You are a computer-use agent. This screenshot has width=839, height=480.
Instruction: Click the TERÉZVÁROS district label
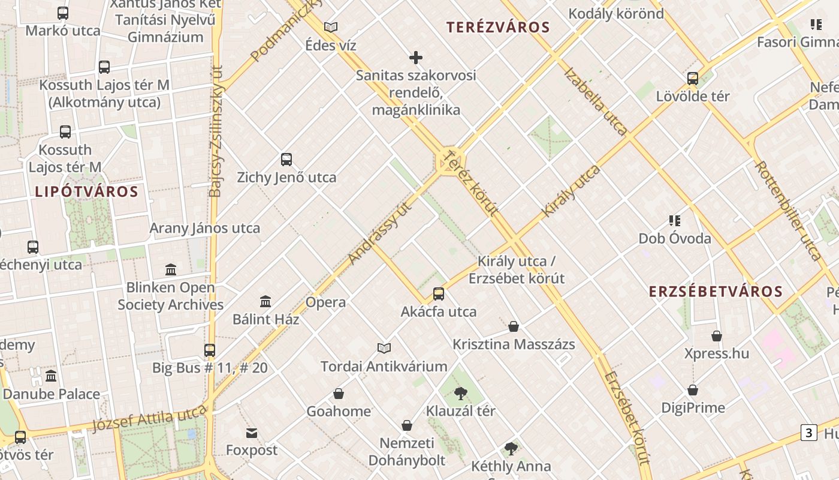point(498,27)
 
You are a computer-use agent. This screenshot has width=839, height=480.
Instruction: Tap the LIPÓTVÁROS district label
point(86,192)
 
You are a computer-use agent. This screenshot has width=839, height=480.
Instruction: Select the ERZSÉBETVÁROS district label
point(716,292)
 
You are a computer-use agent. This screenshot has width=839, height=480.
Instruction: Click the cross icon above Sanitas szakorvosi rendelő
point(416,58)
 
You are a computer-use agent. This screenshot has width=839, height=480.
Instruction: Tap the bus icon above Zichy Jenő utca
point(286,160)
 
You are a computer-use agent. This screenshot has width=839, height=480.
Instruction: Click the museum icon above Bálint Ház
point(265,301)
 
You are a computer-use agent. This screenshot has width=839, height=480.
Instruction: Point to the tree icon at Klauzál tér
point(460,394)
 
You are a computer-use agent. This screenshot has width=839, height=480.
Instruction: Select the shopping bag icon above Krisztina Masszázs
point(514,326)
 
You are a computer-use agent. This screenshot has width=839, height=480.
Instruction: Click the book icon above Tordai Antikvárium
point(384,348)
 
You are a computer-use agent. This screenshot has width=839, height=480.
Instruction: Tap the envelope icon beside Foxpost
point(252,433)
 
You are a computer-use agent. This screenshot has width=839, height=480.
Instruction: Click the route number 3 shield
point(809,432)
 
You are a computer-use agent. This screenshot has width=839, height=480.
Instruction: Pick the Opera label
point(325,302)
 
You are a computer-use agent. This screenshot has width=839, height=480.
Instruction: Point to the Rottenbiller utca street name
point(787,210)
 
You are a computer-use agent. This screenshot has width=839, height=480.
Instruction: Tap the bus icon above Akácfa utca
point(439,294)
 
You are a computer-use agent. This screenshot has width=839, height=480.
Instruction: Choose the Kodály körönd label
point(616,13)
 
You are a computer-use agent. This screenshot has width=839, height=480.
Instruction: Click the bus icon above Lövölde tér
point(693,78)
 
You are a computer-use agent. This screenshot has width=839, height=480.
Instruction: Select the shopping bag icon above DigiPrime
point(693,390)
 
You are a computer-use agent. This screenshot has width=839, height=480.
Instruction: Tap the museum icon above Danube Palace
point(52,376)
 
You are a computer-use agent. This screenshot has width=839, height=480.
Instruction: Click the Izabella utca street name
point(596,101)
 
